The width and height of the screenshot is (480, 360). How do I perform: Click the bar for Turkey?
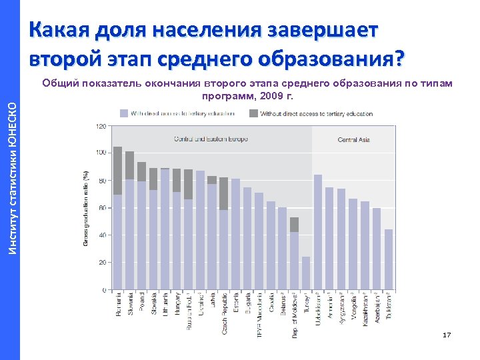[306, 273]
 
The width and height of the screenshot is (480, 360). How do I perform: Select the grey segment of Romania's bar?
[117, 171]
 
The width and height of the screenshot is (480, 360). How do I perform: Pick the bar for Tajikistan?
[389, 259]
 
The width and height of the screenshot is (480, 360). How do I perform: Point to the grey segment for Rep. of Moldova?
[294, 225]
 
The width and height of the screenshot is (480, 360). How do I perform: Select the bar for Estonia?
[235, 234]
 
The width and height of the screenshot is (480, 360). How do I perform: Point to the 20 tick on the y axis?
[103, 263]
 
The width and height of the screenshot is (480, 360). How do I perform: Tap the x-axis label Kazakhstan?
[365, 308]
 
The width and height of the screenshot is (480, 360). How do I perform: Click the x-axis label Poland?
[142, 303]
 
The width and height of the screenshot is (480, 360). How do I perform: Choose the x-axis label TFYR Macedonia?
[259, 314]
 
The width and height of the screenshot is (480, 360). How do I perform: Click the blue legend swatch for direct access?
[125, 113]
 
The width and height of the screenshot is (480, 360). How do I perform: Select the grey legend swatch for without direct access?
[253, 113]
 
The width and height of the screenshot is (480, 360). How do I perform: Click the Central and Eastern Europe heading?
[211, 139]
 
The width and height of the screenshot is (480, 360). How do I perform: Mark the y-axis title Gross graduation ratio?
[86, 207]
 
